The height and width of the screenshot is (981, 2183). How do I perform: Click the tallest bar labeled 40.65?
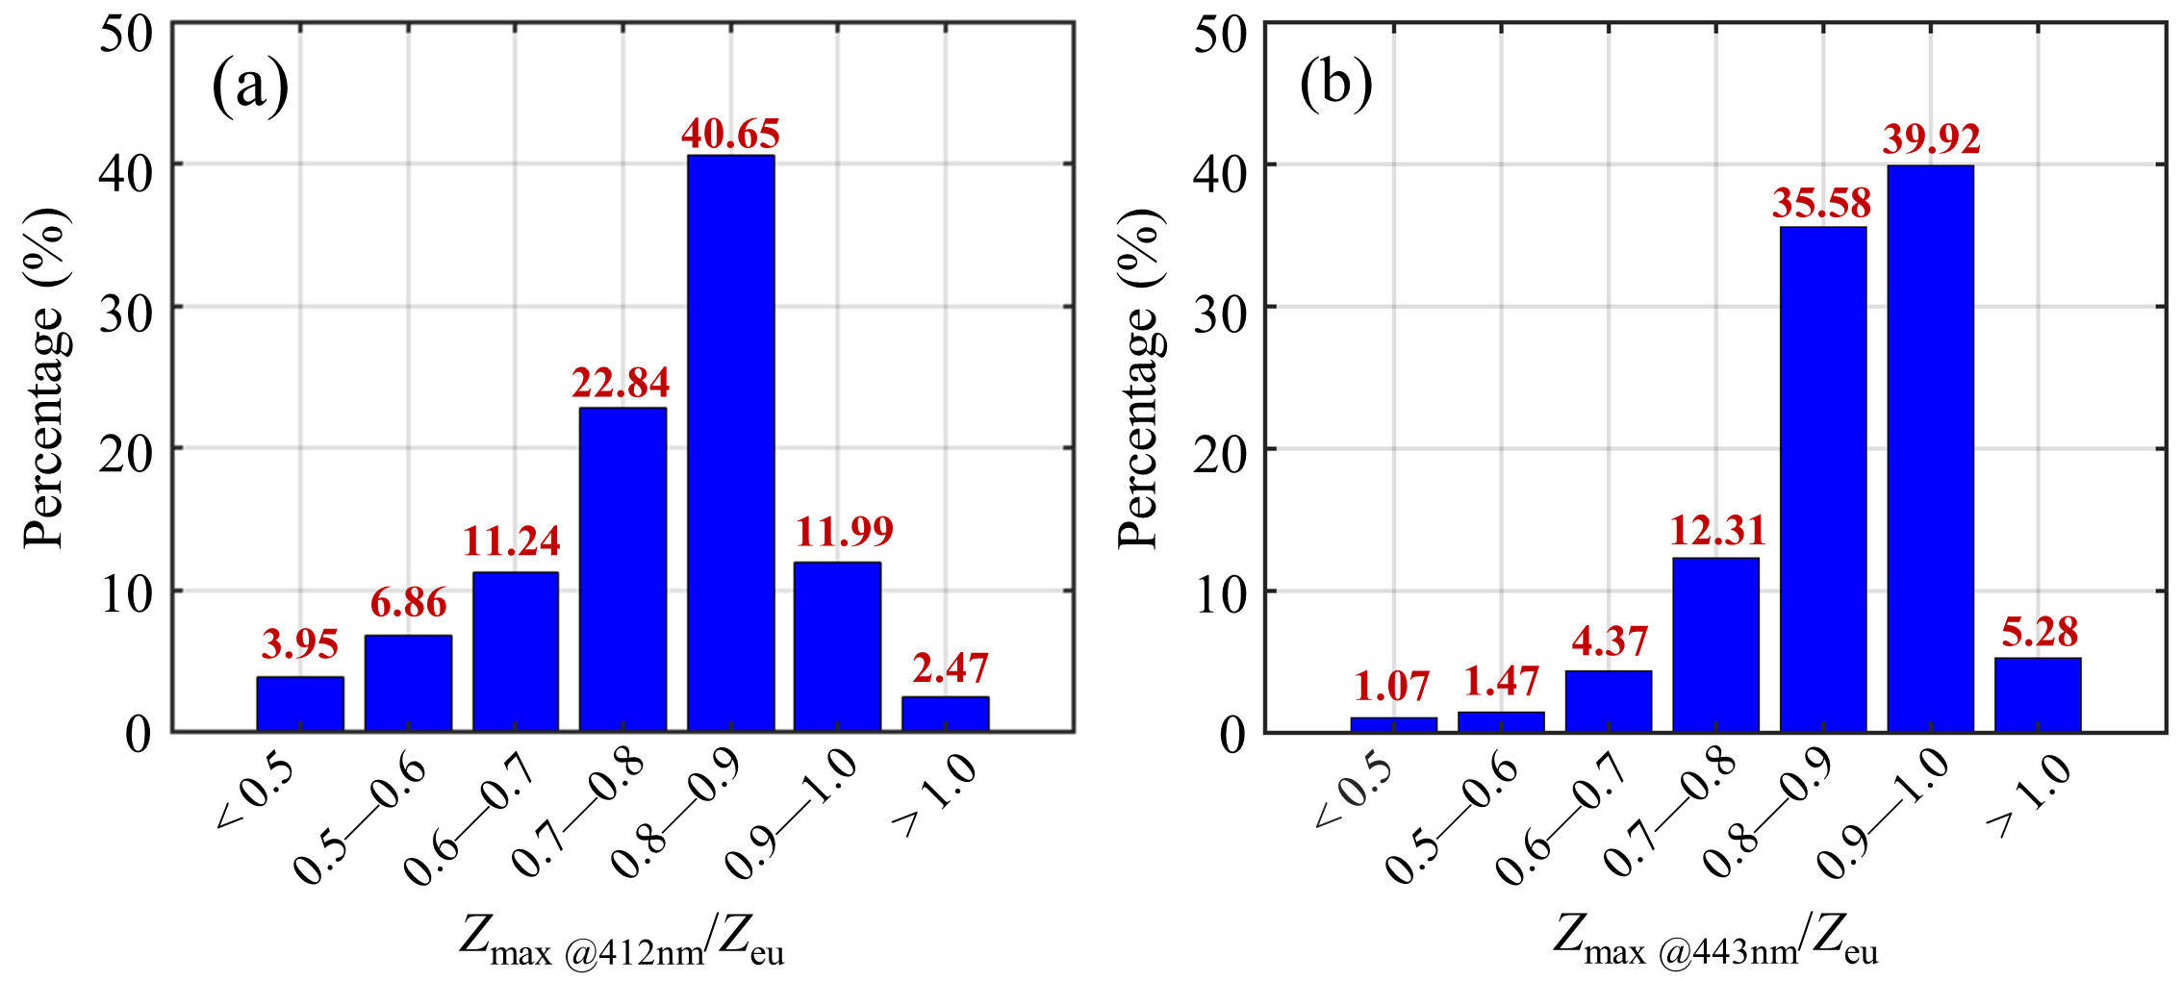[730, 442]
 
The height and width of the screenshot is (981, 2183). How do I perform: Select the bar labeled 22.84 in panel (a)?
[622, 569]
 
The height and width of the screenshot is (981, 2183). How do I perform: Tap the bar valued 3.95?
[300, 704]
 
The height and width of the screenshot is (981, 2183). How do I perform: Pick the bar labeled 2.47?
[945, 714]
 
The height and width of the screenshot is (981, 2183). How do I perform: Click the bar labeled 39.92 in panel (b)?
[1930, 448]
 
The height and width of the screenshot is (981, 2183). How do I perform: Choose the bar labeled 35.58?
[1822, 479]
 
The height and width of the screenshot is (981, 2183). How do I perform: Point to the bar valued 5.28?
[2038, 694]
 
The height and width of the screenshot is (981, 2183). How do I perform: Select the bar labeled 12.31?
[1715, 644]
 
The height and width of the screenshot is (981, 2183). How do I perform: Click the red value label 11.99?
[845, 532]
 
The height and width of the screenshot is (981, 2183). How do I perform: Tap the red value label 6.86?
[409, 604]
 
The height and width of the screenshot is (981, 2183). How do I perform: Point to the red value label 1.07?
[1391, 687]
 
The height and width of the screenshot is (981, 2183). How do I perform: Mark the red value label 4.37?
[1610, 641]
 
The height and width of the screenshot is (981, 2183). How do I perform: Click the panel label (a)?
[250, 87]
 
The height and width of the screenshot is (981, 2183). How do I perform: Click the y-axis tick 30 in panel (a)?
[127, 313]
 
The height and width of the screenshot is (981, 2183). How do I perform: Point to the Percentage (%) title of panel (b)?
[1141, 378]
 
